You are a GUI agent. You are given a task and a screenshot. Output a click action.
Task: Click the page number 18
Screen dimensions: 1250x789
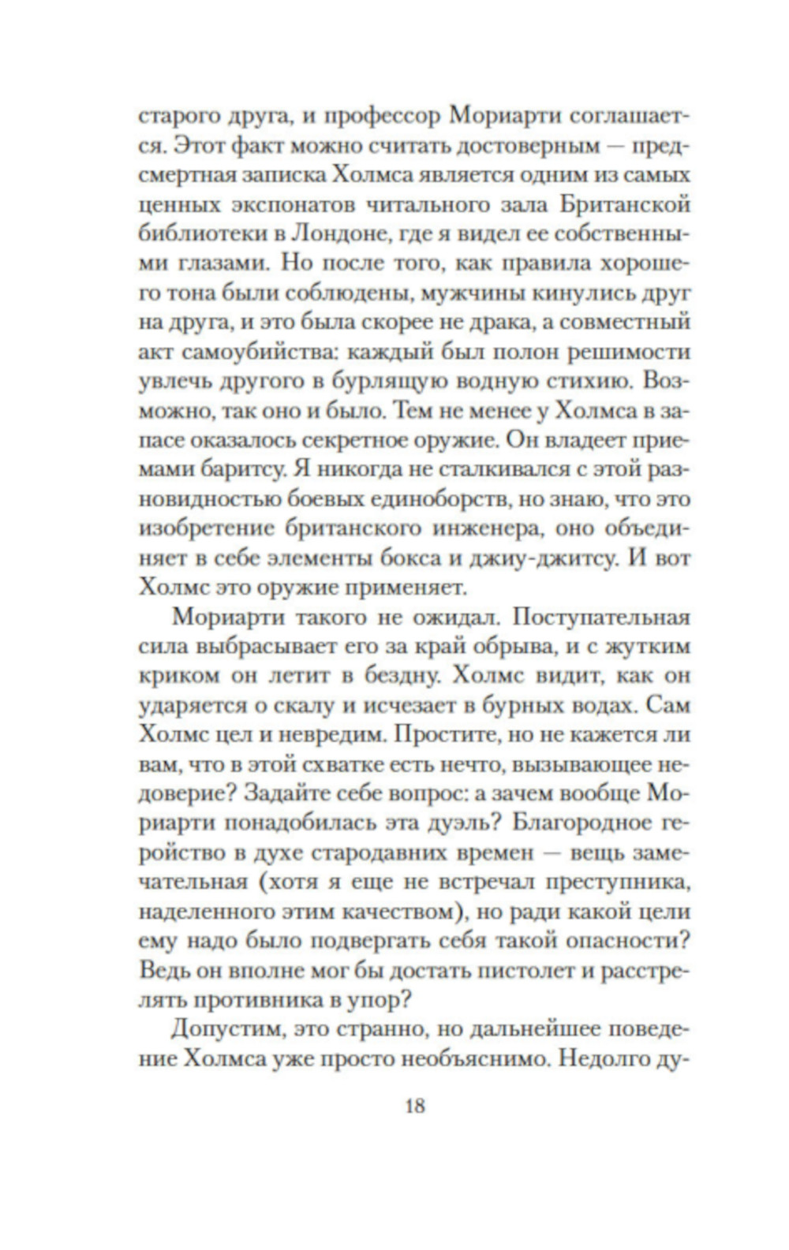pos(415,1106)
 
